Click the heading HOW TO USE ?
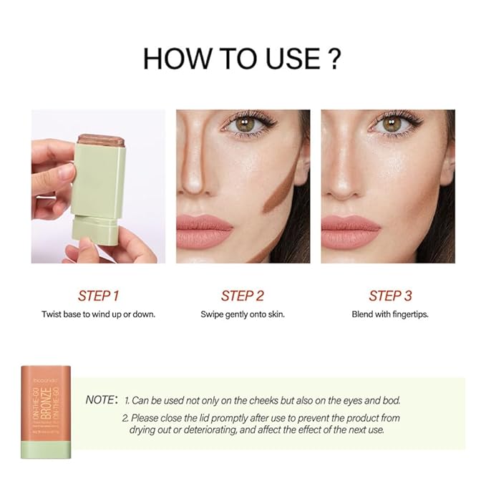pyautogui.click(x=241, y=58)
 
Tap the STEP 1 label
pyautogui.click(x=98, y=296)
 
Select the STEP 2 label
pyautogui.click(x=243, y=296)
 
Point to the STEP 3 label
pyautogui.click(x=390, y=296)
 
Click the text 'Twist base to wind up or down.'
pyautogui.click(x=98, y=314)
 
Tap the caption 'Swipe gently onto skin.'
pyautogui.click(x=243, y=314)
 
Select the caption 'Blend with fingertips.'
pyautogui.click(x=390, y=314)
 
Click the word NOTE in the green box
pyautogui.click(x=100, y=400)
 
